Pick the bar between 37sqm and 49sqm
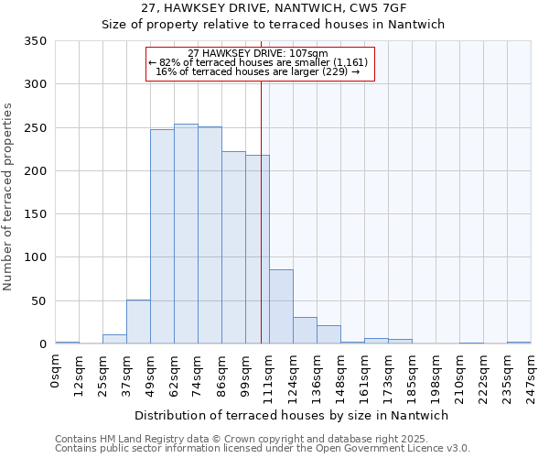(138, 322)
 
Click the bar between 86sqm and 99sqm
(233, 247)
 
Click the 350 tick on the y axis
(36, 41)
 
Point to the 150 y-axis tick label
(36, 214)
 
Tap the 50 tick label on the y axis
(39, 301)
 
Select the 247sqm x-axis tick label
(531, 374)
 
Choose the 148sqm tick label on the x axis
(340, 374)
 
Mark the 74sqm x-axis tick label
(198, 372)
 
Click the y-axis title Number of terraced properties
(8, 196)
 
